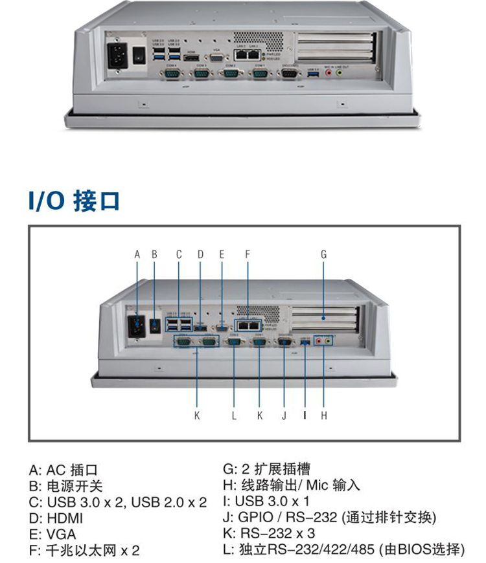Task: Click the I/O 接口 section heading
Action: (x=73, y=201)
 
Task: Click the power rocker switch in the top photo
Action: (x=138, y=57)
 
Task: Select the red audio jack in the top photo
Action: (x=329, y=73)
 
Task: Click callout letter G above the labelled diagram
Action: (x=323, y=254)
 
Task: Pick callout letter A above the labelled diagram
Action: (x=137, y=254)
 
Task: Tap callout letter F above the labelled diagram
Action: (x=247, y=254)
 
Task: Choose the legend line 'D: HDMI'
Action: (x=56, y=518)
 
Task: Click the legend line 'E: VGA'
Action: (x=52, y=535)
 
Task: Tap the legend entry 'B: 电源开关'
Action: (x=65, y=486)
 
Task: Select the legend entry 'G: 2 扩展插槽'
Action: (x=266, y=469)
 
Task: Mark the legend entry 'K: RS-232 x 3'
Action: (x=270, y=535)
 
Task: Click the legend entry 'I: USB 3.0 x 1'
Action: (x=265, y=502)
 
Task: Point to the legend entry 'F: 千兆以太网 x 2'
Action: (x=84, y=551)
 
